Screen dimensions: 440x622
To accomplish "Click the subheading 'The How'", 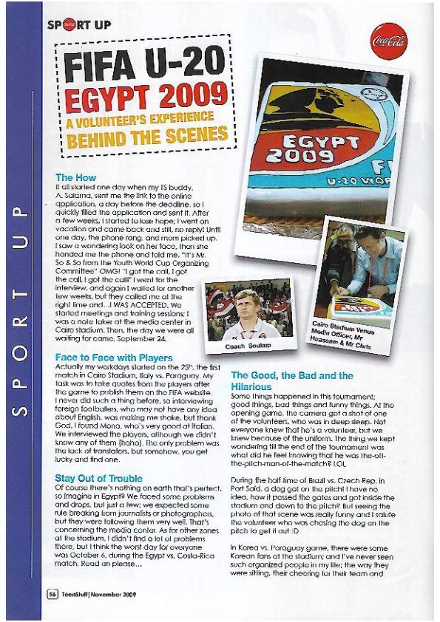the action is (x=75, y=178).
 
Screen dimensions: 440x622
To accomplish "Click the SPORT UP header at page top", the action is (x=79, y=24).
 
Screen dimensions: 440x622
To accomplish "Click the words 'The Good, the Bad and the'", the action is (x=292, y=376).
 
